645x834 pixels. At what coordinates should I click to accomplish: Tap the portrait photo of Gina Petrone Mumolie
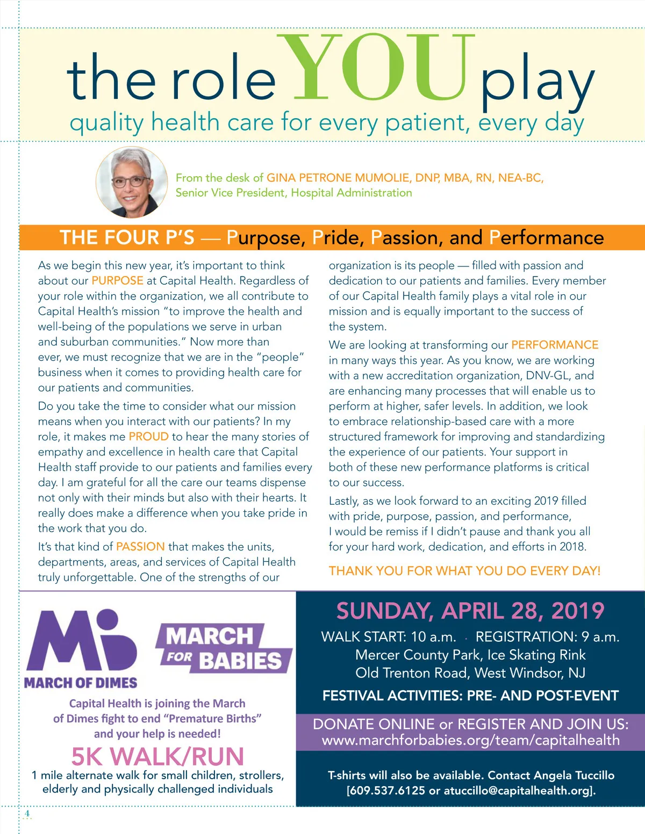point(132,183)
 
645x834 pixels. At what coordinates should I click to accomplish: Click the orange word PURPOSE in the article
point(117,280)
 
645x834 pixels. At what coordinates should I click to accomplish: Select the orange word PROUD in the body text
point(148,437)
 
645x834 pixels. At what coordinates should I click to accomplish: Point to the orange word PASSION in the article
point(140,547)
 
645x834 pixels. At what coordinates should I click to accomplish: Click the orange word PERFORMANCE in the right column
point(555,345)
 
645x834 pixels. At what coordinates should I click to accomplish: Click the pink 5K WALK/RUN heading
point(157,757)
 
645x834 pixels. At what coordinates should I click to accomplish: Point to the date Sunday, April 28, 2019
point(470,611)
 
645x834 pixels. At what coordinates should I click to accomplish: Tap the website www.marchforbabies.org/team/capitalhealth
point(470,741)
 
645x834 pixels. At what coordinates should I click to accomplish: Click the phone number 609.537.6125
point(388,791)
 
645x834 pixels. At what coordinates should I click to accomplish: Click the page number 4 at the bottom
point(27,814)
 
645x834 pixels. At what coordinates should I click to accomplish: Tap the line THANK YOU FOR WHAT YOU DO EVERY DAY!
point(464,571)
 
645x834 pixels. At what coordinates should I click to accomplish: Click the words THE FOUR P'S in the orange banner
point(127,237)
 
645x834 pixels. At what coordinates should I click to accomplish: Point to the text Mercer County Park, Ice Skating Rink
point(470,655)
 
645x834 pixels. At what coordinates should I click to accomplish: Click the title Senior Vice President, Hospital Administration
point(293,193)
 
